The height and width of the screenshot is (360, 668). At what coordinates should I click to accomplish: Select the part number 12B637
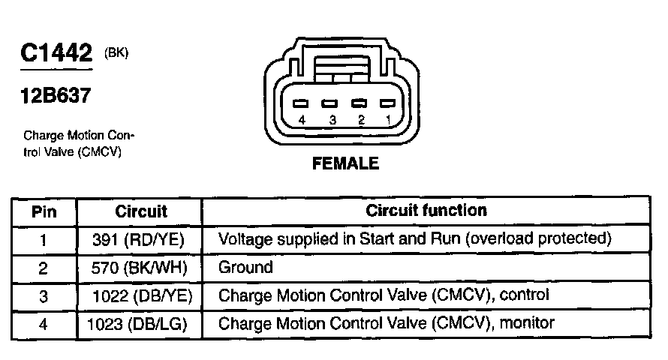pyautogui.click(x=55, y=96)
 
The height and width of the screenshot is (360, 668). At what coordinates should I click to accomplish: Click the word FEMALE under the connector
pyautogui.click(x=346, y=163)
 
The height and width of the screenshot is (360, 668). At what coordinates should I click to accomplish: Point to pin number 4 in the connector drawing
pyautogui.click(x=302, y=120)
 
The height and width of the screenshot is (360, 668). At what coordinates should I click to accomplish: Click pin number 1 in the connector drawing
pyautogui.click(x=388, y=120)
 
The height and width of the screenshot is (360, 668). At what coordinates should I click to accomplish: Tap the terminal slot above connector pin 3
pyautogui.click(x=330, y=104)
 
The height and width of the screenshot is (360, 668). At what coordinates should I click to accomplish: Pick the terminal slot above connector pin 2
pyautogui.click(x=360, y=104)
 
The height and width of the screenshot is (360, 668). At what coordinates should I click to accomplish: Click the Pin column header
pyautogui.click(x=44, y=211)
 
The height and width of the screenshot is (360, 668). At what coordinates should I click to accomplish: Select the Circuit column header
pyautogui.click(x=141, y=211)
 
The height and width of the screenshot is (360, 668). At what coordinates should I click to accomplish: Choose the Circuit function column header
pyautogui.click(x=426, y=210)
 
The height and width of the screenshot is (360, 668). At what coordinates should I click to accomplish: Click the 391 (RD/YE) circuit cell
pyautogui.click(x=142, y=239)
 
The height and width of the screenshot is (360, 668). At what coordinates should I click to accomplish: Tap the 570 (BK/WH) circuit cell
pyautogui.click(x=142, y=267)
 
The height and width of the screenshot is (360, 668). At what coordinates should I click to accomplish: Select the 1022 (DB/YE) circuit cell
pyautogui.click(x=142, y=295)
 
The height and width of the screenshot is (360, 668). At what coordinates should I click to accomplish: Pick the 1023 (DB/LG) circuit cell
pyautogui.click(x=142, y=323)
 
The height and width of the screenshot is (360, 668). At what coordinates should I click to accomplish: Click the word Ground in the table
pyautogui.click(x=245, y=267)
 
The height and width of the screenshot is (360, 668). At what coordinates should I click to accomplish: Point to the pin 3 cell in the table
pyautogui.click(x=44, y=295)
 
